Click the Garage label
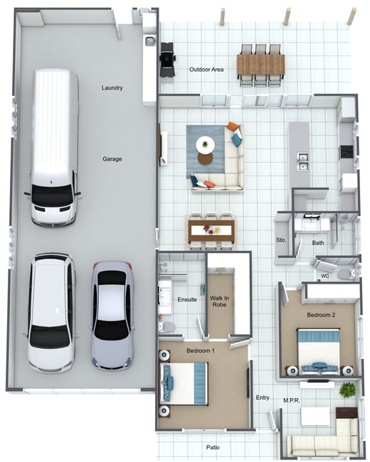click(112, 159)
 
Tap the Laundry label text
click(112, 88)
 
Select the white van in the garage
click(53, 148)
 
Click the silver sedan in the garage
click(112, 316)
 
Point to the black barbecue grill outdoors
click(167, 59)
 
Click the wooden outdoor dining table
click(261, 65)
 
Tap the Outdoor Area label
click(206, 70)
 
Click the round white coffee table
click(206, 145)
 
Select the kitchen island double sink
click(302, 161)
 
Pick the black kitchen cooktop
click(347, 151)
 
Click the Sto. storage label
click(281, 240)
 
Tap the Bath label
click(318, 243)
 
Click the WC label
click(325, 276)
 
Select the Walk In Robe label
click(219, 301)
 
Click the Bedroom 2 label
click(321, 315)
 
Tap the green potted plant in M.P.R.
click(347, 390)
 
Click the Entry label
click(263, 397)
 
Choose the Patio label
click(213, 447)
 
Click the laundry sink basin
click(150, 41)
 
